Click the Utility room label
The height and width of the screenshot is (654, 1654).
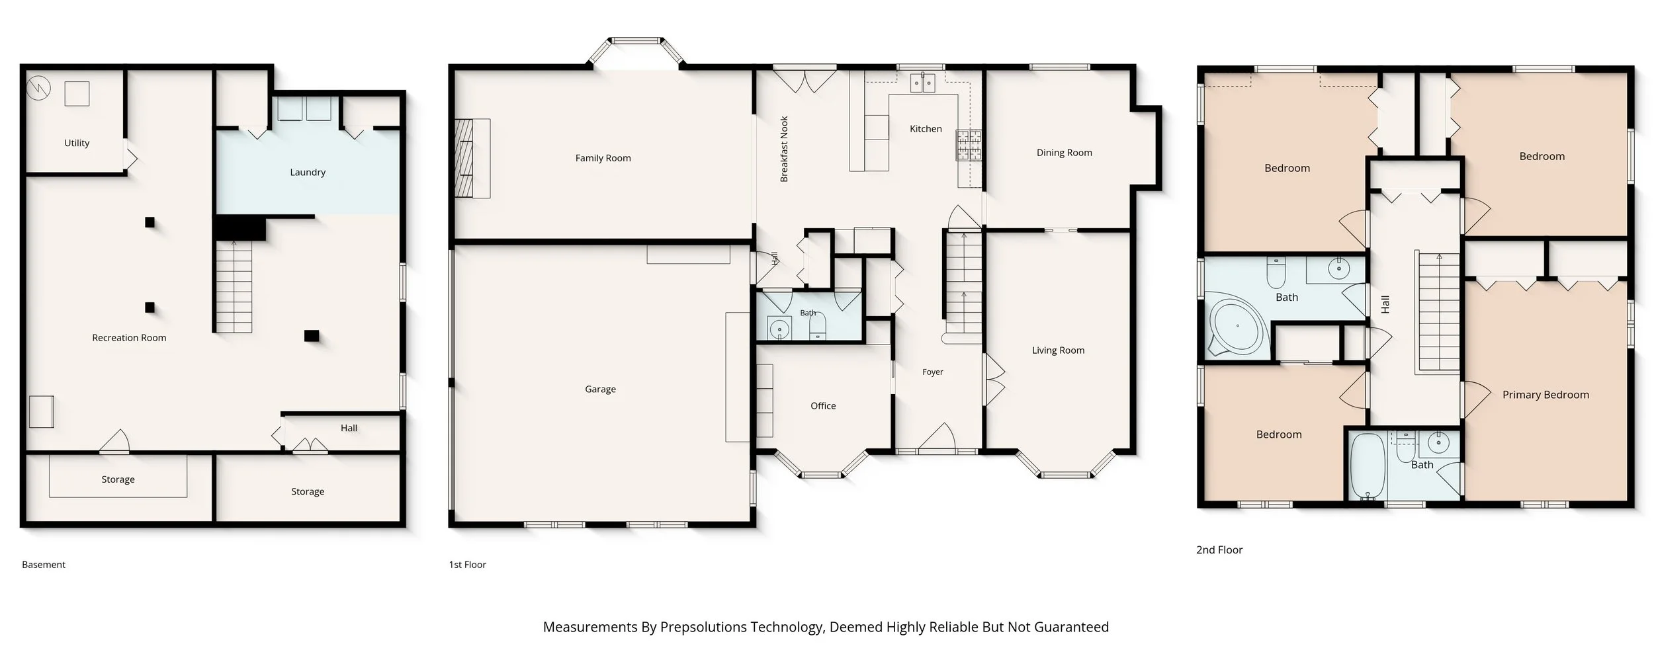click(x=77, y=143)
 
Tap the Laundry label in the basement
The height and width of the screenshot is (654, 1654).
click(x=308, y=173)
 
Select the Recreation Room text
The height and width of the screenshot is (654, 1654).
click(x=129, y=338)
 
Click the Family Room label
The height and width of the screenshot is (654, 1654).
click(x=603, y=158)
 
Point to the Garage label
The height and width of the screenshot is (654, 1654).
click(x=600, y=389)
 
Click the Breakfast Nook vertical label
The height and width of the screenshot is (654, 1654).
click(x=784, y=149)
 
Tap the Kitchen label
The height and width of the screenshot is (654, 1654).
click(x=926, y=129)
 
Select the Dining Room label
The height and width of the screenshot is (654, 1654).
click(x=1064, y=153)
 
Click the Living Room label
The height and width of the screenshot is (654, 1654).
click(x=1058, y=350)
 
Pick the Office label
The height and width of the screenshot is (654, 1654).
click(x=823, y=406)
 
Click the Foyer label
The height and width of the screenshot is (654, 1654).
click(x=933, y=372)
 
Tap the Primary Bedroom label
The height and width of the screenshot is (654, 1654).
click(x=1545, y=395)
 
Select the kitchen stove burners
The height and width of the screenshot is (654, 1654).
click(x=969, y=145)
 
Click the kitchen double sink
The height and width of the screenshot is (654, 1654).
click(x=923, y=83)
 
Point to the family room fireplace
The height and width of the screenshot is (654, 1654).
click(x=472, y=159)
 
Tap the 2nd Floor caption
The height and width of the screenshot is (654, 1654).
click(x=1219, y=550)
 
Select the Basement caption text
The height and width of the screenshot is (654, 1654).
click(x=44, y=565)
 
